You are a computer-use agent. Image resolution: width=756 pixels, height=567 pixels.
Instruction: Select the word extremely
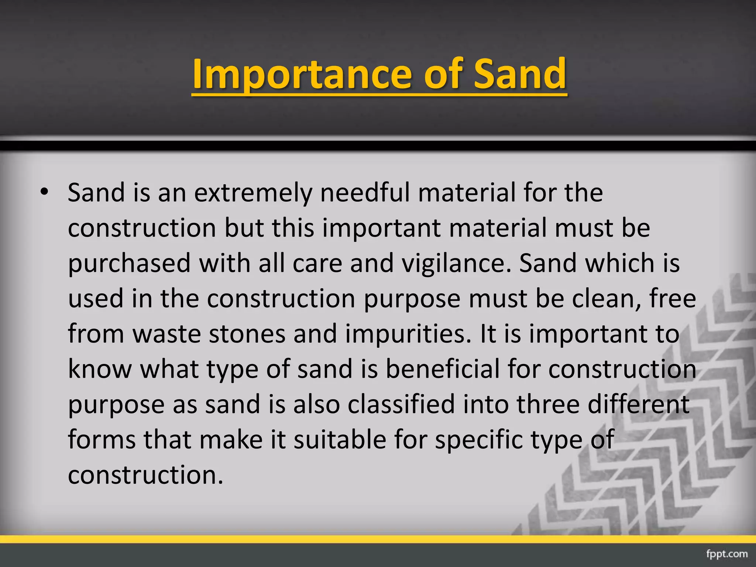[253, 193]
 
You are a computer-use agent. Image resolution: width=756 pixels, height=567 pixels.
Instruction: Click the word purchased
[129, 264]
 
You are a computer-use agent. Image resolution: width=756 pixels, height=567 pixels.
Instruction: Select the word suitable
[340, 440]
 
